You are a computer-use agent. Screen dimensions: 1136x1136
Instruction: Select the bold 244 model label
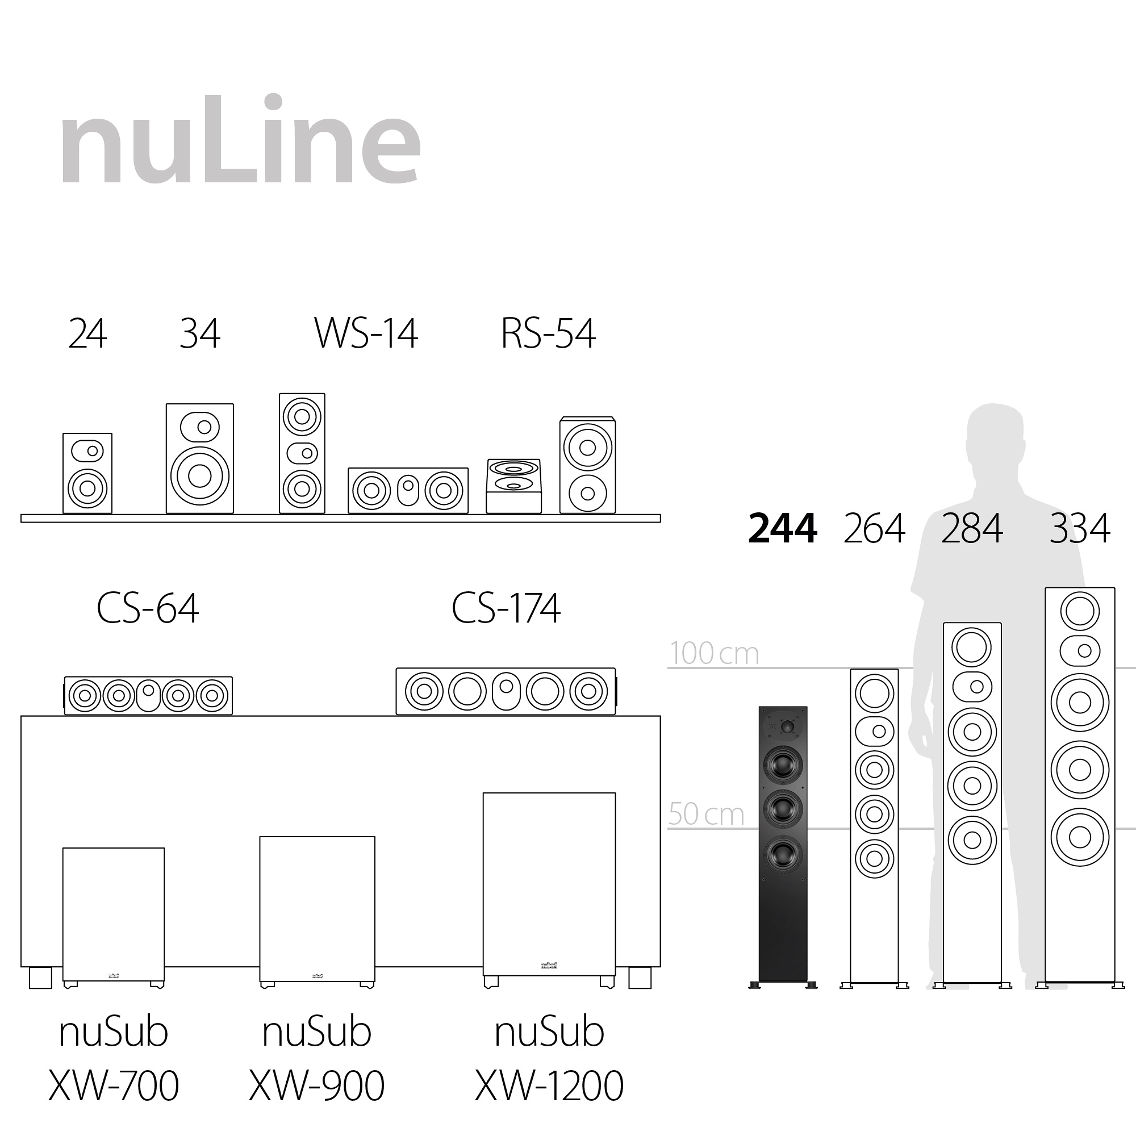782,528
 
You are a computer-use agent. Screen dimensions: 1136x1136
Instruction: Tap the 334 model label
1080,528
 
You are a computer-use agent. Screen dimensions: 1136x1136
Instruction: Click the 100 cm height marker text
714,653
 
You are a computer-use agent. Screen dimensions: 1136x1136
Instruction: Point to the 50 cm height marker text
705,815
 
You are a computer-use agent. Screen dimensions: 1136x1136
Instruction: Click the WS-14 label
366,333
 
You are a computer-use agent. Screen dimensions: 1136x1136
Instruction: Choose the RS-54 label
548,333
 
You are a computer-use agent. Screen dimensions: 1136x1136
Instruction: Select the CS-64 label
147,608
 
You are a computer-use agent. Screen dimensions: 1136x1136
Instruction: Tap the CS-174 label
506,608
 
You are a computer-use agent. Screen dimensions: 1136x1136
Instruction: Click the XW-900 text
316,1085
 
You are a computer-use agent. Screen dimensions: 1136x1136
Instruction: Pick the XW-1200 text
549,1085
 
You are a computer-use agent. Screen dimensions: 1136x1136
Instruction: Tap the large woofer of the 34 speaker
199,475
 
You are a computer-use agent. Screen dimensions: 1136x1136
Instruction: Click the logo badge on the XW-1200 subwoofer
549,966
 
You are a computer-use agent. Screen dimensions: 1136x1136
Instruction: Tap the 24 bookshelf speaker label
87,333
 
